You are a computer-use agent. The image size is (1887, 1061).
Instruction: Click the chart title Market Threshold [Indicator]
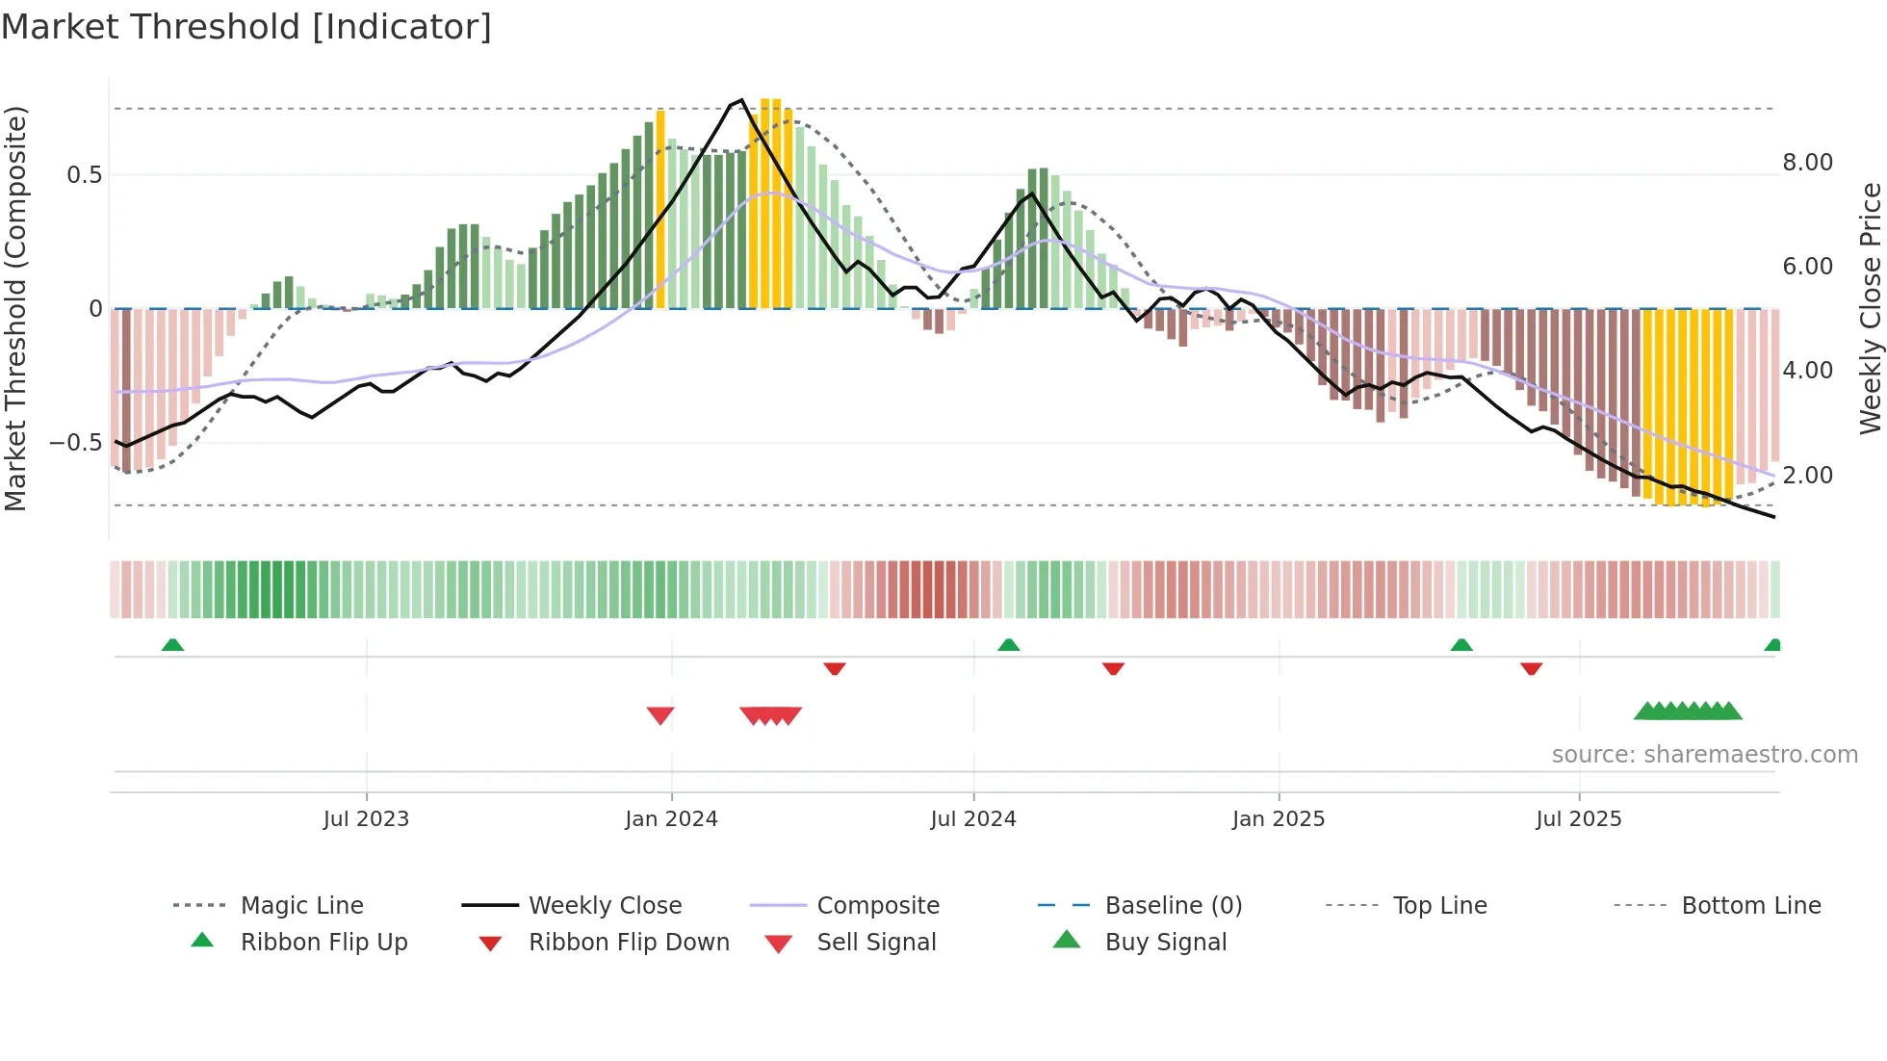click(x=246, y=27)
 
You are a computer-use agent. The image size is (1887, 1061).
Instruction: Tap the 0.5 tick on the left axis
click(x=84, y=175)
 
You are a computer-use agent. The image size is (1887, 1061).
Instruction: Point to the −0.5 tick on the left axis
click(x=76, y=443)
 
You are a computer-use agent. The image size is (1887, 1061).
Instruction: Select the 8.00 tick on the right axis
click(x=1807, y=163)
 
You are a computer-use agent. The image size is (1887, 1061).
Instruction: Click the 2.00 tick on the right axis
click(x=1807, y=476)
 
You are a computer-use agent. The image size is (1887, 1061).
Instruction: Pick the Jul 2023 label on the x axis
click(x=366, y=819)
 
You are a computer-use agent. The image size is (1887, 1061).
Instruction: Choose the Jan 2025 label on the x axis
click(x=1278, y=819)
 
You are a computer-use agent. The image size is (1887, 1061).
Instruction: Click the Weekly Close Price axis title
click(x=1870, y=308)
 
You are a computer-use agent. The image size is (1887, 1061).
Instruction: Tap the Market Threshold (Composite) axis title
click(x=15, y=308)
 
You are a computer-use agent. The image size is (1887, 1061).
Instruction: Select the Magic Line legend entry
click(x=301, y=906)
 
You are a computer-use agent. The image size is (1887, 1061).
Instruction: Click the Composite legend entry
click(x=877, y=906)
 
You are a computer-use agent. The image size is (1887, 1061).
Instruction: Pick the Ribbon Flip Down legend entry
click(x=628, y=943)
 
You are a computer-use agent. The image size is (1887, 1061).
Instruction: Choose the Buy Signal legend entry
click(x=1165, y=943)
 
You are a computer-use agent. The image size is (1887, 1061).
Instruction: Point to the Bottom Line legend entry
click(x=1750, y=906)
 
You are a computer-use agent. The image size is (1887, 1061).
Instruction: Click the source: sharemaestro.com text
click(x=1704, y=755)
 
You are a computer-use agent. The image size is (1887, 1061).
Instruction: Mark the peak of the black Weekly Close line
click(x=741, y=100)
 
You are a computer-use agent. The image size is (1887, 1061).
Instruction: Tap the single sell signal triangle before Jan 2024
click(x=660, y=714)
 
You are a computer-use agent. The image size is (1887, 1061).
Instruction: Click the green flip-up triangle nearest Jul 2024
click(x=1008, y=644)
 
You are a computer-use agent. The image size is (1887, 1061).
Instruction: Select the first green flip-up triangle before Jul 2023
click(x=172, y=644)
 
